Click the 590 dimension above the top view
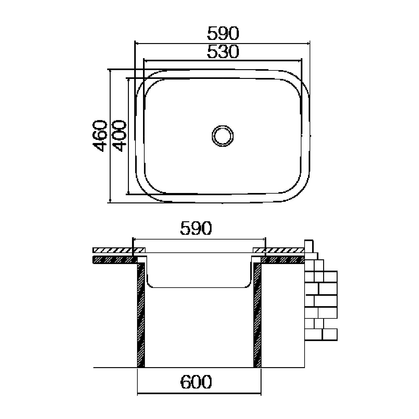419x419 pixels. pyautogui.click(x=223, y=34)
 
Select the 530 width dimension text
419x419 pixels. pyautogui.click(x=223, y=52)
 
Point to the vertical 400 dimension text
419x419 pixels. pyautogui.click(x=119, y=136)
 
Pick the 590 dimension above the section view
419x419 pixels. pyautogui.click(x=196, y=228)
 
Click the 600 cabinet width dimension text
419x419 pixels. pyautogui.click(x=196, y=382)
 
